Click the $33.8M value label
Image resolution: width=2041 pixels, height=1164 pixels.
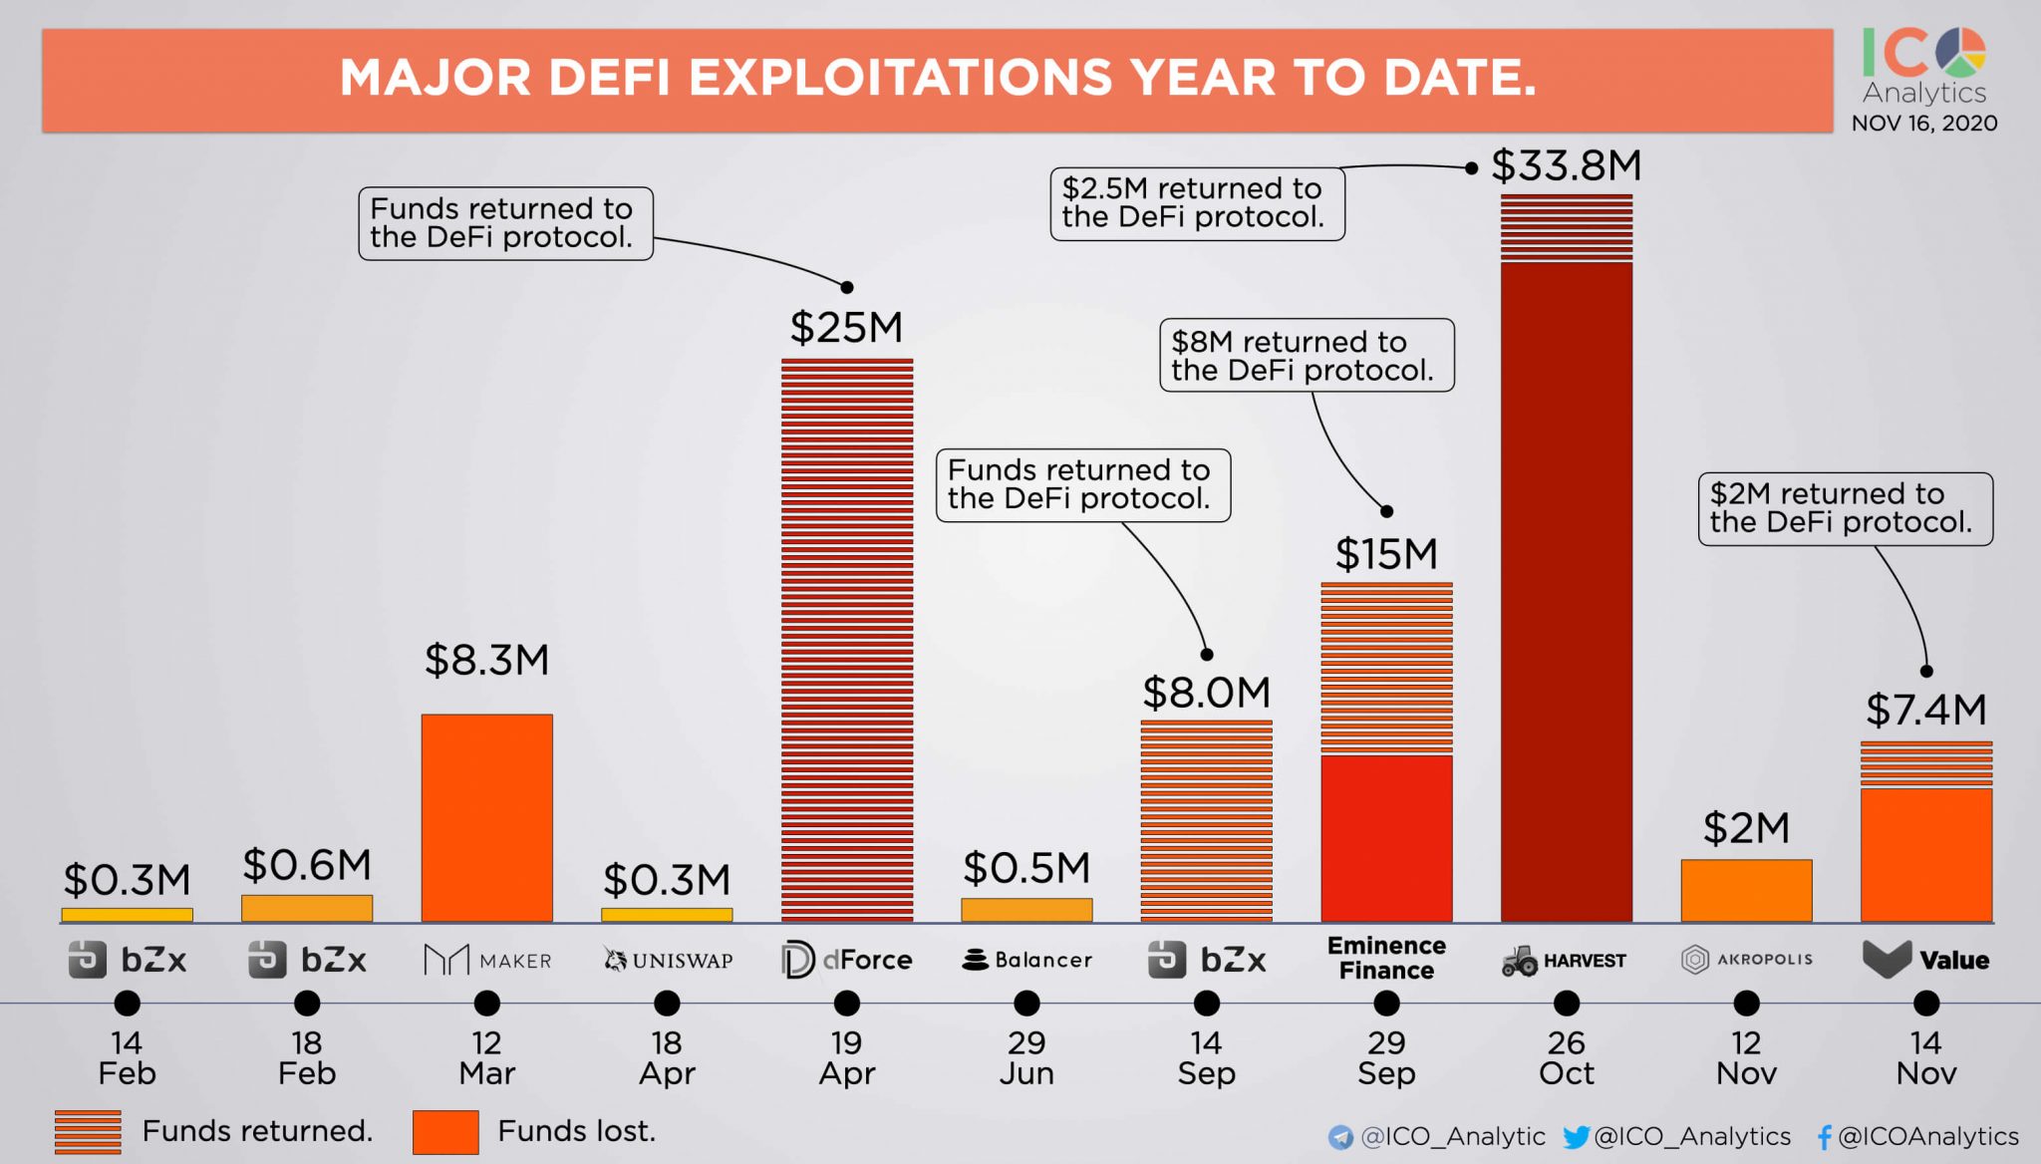click(1566, 165)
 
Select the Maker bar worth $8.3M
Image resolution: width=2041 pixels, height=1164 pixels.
click(486, 817)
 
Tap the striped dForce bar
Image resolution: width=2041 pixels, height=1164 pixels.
click(846, 638)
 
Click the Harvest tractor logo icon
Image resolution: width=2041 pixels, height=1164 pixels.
click(1519, 961)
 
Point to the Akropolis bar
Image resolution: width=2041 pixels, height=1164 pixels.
click(1746, 890)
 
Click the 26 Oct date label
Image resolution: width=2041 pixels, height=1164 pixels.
click(1566, 1057)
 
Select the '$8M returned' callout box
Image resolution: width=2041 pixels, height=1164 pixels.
click(1306, 355)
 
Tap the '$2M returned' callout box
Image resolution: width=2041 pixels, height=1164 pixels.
click(1845, 508)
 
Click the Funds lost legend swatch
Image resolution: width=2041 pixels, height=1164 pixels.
click(445, 1132)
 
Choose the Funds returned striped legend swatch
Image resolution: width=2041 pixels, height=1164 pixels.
click(88, 1132)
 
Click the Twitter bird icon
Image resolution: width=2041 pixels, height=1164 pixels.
click(1576, 1137)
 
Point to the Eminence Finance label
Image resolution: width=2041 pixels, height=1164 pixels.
click(1386, 958)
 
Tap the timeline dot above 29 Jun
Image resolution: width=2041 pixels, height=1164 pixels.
click(1026, 1003)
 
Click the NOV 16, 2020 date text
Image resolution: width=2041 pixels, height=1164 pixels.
click(1923, 124)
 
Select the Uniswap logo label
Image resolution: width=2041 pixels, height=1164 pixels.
click(668, 960)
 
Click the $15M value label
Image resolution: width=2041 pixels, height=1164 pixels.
click(1386, 554)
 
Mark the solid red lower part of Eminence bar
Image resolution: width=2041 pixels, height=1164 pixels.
click(1386, 837)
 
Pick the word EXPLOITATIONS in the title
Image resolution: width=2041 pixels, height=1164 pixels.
click(899, 78)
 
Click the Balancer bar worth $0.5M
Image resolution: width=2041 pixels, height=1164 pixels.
click(1026, 909)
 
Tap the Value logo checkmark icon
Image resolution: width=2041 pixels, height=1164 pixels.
click(1886, 959)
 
